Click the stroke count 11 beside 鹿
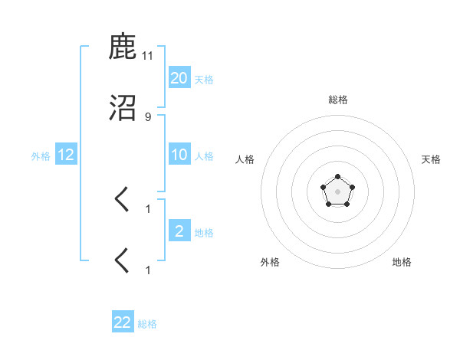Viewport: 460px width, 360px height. (148, 55)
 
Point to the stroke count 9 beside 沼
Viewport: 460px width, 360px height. (148, 116)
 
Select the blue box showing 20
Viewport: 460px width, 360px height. (179, 77)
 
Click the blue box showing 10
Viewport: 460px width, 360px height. (179, 155)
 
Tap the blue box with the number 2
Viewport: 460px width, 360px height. (179, 231)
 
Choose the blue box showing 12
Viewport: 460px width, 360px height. (66, 155)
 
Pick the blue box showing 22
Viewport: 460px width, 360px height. (123, 322)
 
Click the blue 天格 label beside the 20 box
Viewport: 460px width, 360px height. (204, 79)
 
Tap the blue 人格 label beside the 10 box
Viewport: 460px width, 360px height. (204, 156)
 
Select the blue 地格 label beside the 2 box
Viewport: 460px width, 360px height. (204, 233)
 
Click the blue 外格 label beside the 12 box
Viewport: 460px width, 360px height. (41, 156)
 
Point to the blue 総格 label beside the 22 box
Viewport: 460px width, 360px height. (147, 324)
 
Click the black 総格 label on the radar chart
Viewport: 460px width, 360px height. (337, 100)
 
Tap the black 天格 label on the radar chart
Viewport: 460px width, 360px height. (431, 159)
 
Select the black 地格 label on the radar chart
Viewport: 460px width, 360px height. (402, 262)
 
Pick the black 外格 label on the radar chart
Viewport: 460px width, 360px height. (270, 262)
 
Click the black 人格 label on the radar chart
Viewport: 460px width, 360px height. (245, 159)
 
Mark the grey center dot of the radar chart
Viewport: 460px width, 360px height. (337, 191)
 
